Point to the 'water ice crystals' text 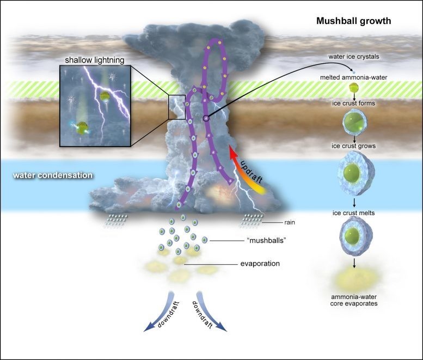[354, 57]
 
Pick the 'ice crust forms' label [354, 103]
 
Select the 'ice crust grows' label [354, 146]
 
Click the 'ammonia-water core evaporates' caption [354, 300]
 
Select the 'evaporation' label [260, 264]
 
